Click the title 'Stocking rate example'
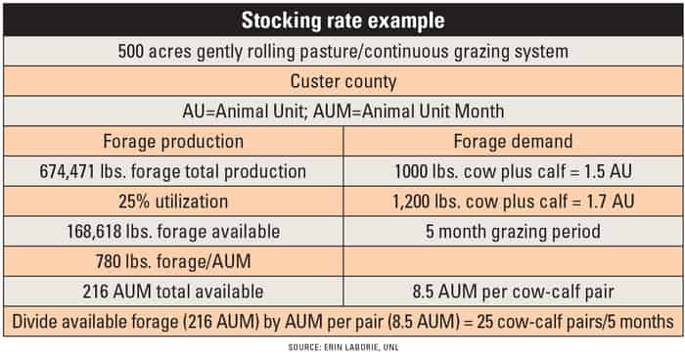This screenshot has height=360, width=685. pos(342,19)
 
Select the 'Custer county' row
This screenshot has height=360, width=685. pos(342,80)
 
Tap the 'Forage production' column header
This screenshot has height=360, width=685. pos(174,141)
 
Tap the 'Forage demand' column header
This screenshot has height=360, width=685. pos(513,141)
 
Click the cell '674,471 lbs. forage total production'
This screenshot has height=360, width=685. pos(174,172)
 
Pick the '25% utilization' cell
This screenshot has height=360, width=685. pos(174,202)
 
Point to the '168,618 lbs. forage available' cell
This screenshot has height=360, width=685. pos(174,233)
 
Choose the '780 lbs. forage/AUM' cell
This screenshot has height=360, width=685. pos(174,262)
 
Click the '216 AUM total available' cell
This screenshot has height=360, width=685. pos(174,292)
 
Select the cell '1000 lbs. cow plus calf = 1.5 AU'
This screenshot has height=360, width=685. pos(513,172)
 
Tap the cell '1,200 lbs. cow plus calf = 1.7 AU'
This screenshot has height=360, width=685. pos(513,202)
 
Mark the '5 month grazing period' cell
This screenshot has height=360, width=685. pos(513,233)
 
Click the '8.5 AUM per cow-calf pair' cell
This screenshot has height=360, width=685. pos(513,292)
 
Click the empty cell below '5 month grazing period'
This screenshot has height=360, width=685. pos(513,262)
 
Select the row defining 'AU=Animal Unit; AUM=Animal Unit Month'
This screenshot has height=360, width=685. pos(342,111)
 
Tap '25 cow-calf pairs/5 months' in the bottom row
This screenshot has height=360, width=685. pos(577,322)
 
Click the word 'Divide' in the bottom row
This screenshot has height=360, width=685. pos(36,322)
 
